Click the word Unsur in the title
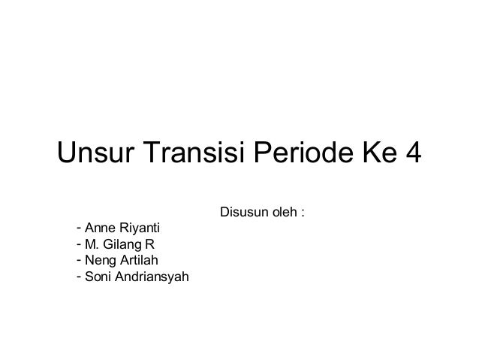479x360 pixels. pos(95,156)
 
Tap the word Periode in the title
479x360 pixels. pos(296,156)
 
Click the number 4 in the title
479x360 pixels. pos(411,156)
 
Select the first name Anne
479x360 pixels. pos(98,227)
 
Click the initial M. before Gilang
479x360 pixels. pos(92,244)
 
